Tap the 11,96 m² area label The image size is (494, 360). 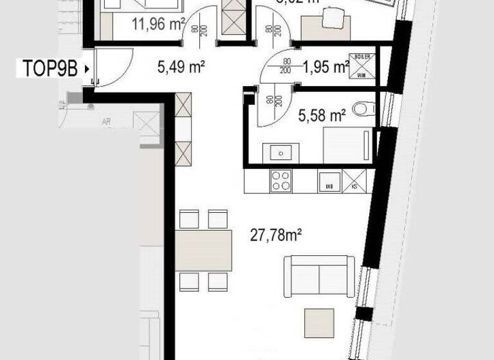click(x=159, y=25)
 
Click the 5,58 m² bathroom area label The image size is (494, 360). click(x=322, y=116)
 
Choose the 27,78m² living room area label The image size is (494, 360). click(x=276, y=236)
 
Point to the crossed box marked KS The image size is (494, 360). click(x=354, y=180)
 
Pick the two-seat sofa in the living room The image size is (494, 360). click(x=319, y=274)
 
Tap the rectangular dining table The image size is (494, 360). click(x=203, y=250)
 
